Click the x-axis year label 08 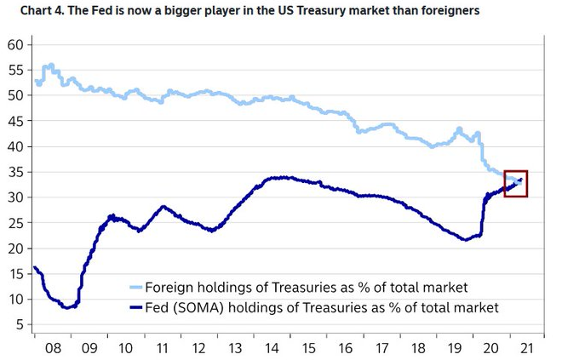tap(52, 347)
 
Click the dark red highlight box tap(516, 184)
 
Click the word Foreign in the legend tap(170, 287)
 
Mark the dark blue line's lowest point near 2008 tap(67, 307)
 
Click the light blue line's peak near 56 tap(50, 65)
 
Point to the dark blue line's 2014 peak tap(281, 178)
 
